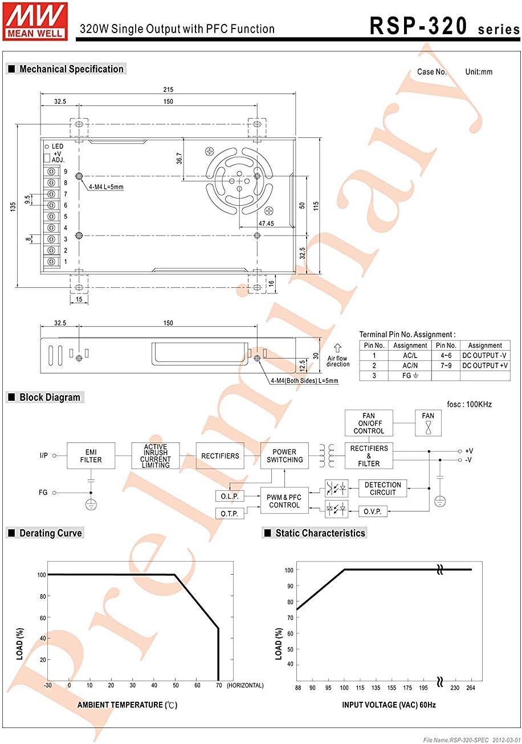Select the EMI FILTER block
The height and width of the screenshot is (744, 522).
90,456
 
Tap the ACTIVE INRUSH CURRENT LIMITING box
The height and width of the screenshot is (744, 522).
156,456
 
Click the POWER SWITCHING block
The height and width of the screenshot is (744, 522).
284,456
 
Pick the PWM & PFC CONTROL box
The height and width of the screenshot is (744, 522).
284,501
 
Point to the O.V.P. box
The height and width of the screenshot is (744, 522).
373,511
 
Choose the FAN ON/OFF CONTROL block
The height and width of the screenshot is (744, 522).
369,424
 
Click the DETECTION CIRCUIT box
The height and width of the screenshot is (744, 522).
382,489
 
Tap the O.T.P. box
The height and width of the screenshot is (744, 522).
230,514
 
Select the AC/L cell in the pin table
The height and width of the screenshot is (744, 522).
410,355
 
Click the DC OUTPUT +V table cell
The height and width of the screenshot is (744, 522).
485,365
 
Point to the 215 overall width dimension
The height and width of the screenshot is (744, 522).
168,90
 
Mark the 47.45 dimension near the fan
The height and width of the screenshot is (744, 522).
266,223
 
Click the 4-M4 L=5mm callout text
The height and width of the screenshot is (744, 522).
106,187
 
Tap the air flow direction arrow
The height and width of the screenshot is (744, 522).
337,347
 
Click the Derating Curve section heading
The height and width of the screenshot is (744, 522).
51,533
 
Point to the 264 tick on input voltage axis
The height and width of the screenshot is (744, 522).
471,688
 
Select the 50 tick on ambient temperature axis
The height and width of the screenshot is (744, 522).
175,685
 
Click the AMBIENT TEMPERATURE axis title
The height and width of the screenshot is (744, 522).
128,705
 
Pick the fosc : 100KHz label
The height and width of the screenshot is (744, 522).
470,404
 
